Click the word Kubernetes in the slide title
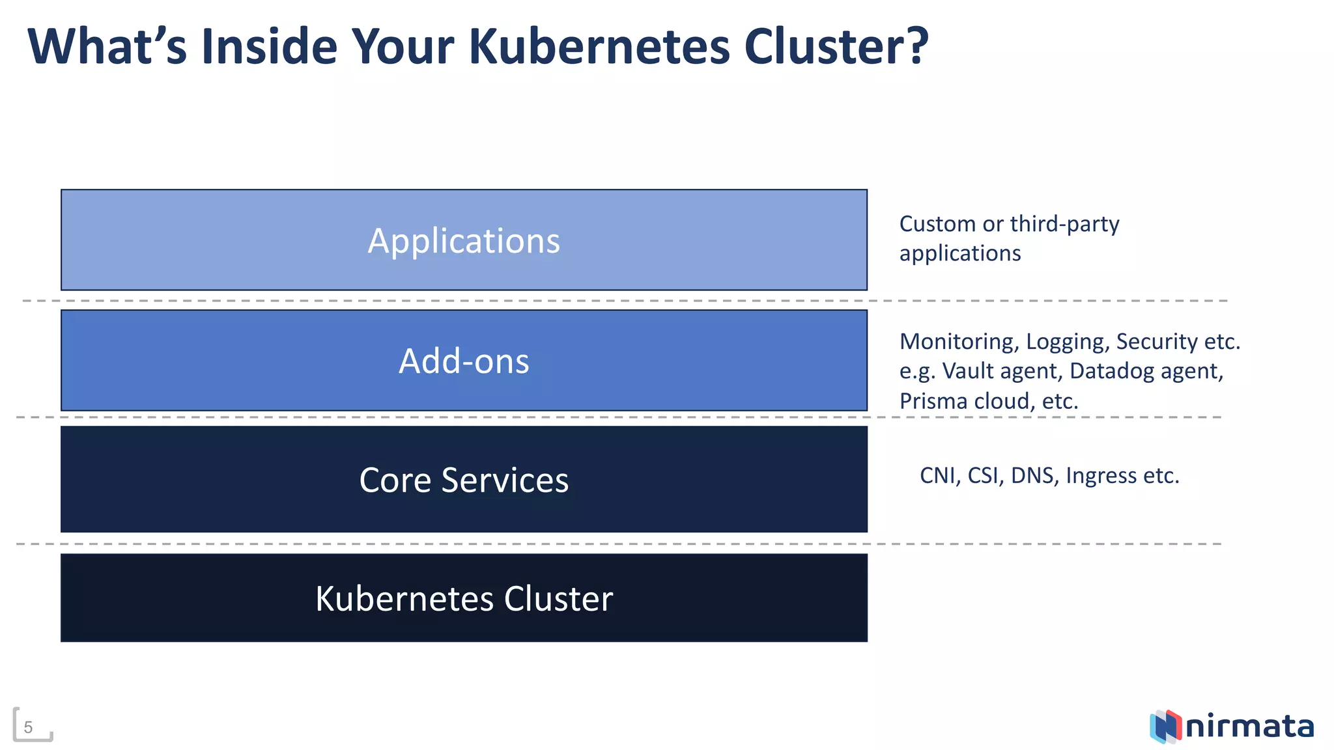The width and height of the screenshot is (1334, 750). pyautogui.click(x=599, y=47)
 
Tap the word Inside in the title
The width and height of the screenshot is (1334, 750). pyautogui.click(x=269, y=47)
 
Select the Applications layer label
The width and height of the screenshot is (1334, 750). pyautogui.click(x=464, y=241)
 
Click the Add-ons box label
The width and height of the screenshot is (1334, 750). pyautogui.click(x=464, y=361)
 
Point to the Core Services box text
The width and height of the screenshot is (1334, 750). pyautogui.click(x=464, y=480)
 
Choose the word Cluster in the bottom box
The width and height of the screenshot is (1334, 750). pyautogui.click(x=558, y=599)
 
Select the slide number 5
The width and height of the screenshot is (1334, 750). pyautogui.click(x=28, y=727)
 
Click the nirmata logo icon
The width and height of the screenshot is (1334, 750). pyautogui.click(x=1165, y=727)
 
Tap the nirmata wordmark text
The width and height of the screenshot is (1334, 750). pyautogui.click(x=1249, y=727)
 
